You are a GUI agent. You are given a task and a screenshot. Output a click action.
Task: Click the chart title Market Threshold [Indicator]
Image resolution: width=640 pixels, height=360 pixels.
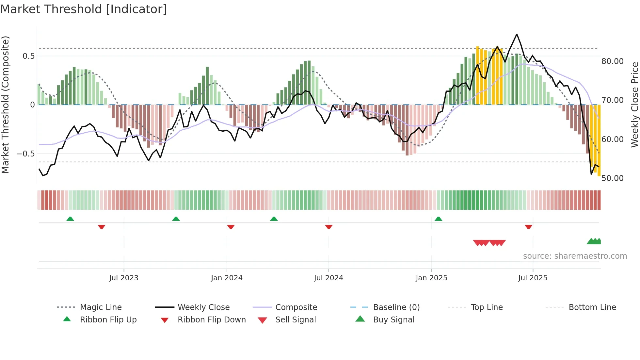84,9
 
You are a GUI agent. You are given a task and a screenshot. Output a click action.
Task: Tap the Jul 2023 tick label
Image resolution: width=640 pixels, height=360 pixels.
124,278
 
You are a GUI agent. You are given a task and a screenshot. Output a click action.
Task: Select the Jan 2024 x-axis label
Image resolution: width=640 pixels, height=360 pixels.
227,278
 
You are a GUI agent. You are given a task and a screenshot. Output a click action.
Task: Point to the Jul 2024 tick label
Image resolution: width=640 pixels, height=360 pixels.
328,278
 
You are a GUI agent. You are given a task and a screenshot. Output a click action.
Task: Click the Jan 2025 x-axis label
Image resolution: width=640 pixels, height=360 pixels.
431,278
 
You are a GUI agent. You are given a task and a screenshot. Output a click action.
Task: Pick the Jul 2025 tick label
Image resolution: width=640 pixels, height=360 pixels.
533,278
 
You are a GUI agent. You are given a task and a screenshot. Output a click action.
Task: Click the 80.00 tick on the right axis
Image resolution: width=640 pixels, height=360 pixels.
613,61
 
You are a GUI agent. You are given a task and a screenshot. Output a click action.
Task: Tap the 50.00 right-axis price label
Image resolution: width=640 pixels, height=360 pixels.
613,178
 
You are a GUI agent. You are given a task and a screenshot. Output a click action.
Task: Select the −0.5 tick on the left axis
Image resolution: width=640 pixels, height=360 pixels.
25,154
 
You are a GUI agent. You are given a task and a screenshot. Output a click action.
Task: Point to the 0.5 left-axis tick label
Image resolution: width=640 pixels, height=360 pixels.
28,56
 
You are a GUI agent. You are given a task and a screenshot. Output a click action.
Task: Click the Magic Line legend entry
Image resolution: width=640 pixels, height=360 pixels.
101,307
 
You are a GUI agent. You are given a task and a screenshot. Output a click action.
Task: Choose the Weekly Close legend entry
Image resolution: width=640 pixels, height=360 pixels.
203,307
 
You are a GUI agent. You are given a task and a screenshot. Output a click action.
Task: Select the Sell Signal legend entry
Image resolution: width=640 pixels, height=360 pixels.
296,320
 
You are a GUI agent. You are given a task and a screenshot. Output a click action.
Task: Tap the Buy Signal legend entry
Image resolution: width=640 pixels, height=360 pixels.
393,320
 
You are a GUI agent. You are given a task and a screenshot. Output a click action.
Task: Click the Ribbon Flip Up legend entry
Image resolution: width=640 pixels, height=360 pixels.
108,320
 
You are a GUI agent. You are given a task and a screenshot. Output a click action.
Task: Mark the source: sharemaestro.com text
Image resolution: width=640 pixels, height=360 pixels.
575,256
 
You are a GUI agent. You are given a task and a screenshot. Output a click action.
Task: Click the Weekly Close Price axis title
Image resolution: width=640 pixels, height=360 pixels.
634,105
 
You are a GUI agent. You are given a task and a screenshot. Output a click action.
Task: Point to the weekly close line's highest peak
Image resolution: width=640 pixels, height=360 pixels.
517,34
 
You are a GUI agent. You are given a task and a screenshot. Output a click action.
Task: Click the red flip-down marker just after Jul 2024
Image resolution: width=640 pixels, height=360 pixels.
329,227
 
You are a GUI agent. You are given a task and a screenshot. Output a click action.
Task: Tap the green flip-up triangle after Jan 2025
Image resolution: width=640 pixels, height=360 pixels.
439,219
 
